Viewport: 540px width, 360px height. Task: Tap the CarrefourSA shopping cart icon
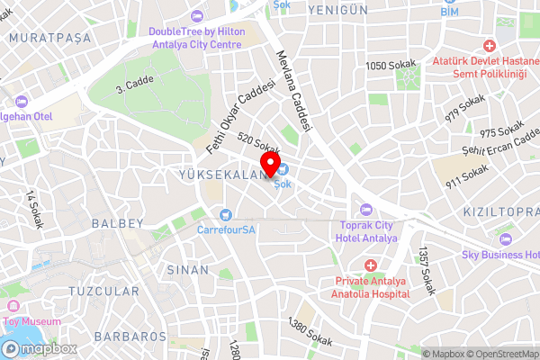[x=225, y=214]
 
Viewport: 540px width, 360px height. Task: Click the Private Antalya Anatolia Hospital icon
[x=370, y=265]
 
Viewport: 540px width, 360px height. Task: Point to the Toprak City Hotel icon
[x=365, y=209]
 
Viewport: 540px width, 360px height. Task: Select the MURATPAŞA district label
[x=44, y=39]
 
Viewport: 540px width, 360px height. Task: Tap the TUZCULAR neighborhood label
[x=103, y=291]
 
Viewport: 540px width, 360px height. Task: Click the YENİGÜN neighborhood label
[x=338, y=9]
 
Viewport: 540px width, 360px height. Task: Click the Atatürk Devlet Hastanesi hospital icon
[x=490, y=45]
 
